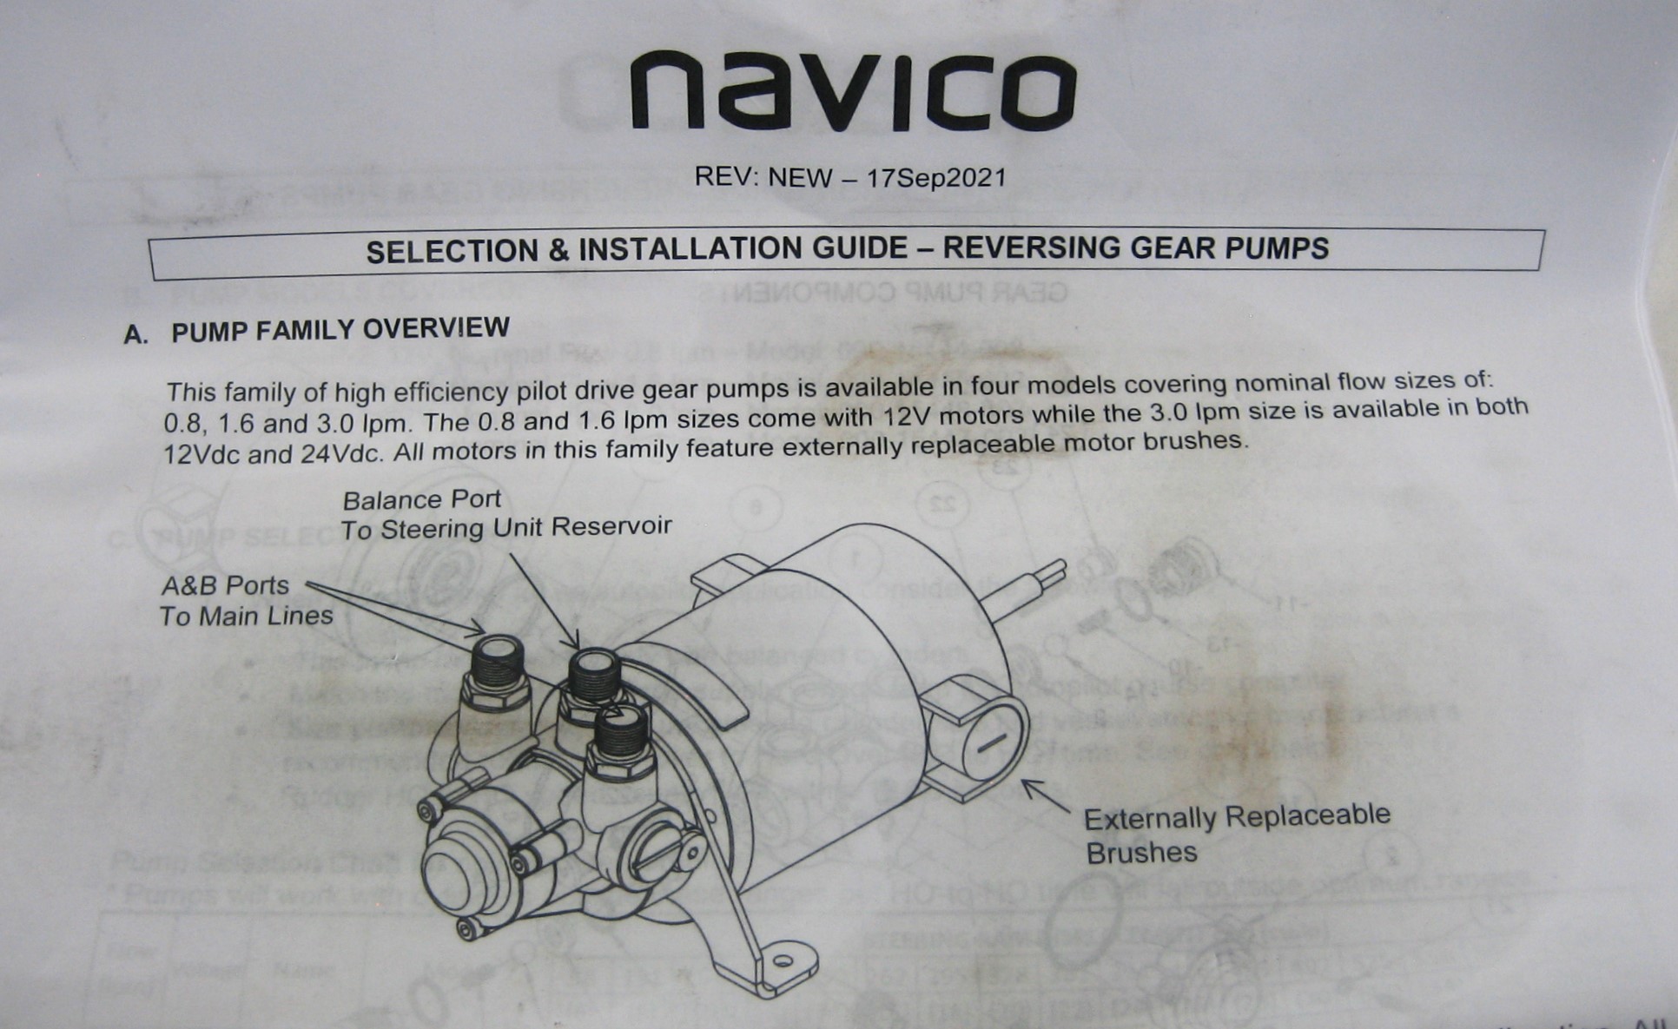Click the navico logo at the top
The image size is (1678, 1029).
pyautogui.click(x=853, y=91)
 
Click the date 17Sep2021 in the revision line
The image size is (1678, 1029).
pyautogui.click(x=936, y=178)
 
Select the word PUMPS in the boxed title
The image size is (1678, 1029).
pyautogui.click(x=1277, y=248)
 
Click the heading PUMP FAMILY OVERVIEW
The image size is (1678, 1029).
pyautogui.click(x=340, y=329)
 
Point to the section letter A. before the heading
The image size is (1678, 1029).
pyautogui.click(x=135, y=334)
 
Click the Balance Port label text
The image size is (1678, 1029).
pyautogui.click(x=421, y=500)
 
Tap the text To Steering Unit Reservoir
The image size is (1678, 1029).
pyautogui.click(x=505, y=528)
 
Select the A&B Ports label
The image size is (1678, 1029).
pyautogui.click(x=225, y=586)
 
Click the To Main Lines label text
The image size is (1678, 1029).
pyautogui.click(x=247, y=617)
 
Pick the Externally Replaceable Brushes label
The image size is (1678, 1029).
pyautogui.click(x=1236, y=834)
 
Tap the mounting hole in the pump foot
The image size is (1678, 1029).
pyautogui.click(x=783, y=960)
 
